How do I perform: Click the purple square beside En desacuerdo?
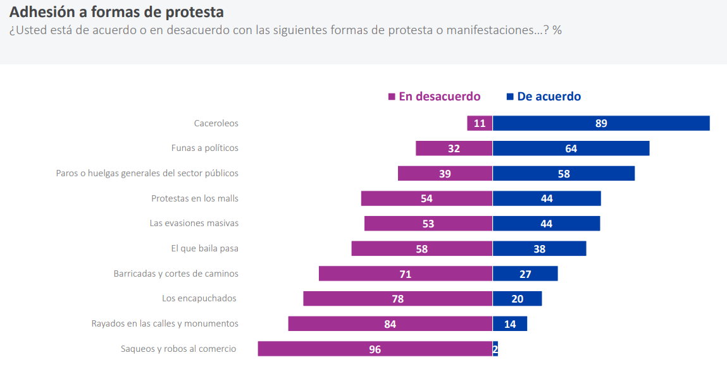(392, 97)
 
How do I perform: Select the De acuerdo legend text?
(549, 97)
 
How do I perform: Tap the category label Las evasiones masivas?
(194, 223)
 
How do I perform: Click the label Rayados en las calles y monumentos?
(165, 323)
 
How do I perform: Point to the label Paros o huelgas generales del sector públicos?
(147, 173)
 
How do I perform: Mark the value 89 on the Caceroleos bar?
(601, 123)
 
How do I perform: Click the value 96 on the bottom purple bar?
(375, 349)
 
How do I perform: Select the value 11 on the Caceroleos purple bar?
(480, 123)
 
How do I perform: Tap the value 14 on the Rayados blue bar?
(510, 324)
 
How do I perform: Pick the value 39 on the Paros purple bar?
(445, 174)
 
